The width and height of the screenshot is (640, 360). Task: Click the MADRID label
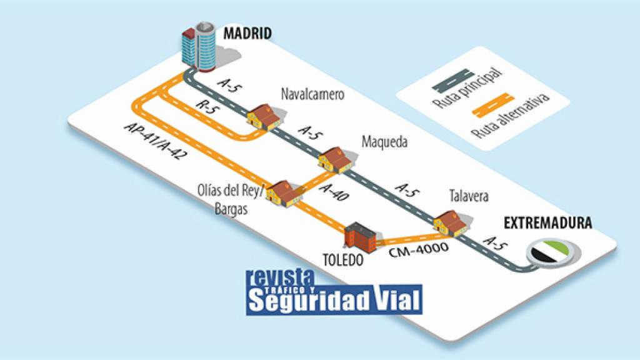point(247,33)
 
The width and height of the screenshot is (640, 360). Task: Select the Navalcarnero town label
point(312,95)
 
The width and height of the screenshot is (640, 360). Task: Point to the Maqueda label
point(384,142)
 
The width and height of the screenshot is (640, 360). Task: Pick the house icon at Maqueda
point(335,159)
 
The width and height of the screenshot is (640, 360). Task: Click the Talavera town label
point(469,196)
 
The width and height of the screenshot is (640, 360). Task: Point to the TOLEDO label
point(342,258)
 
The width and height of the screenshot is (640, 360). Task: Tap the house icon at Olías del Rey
point(284,193)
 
